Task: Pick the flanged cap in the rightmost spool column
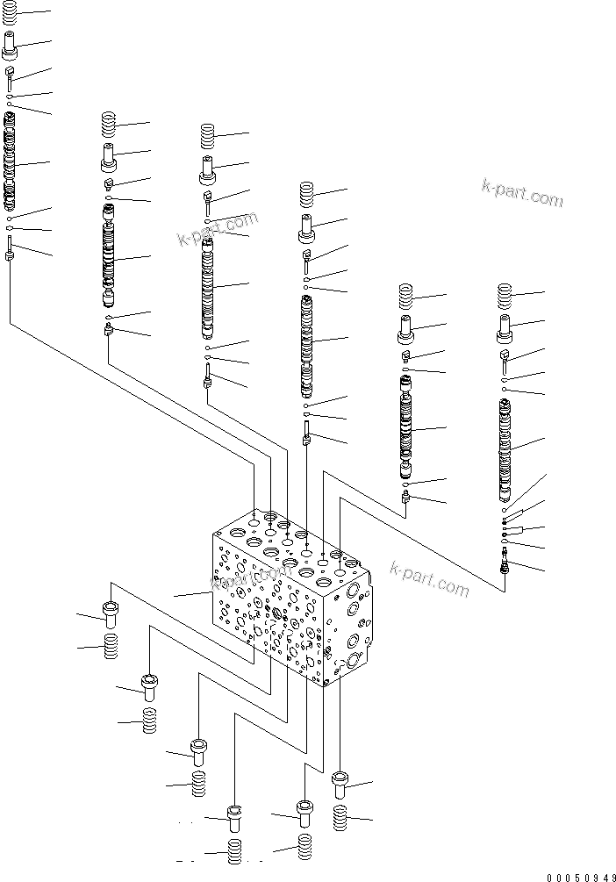coord(505,329)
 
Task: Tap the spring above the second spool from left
coord(109,124)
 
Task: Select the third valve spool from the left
coord(208,287)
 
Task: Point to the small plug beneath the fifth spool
coord(405,498)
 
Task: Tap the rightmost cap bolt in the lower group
coord(340,783)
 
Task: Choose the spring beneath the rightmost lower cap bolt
coord(340,819)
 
